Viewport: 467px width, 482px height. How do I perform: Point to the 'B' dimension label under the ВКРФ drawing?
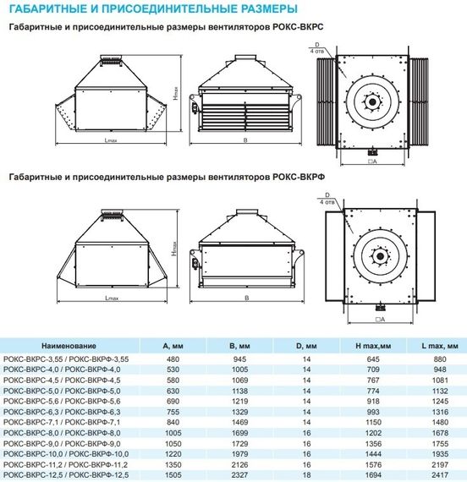(x=244, y=299)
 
